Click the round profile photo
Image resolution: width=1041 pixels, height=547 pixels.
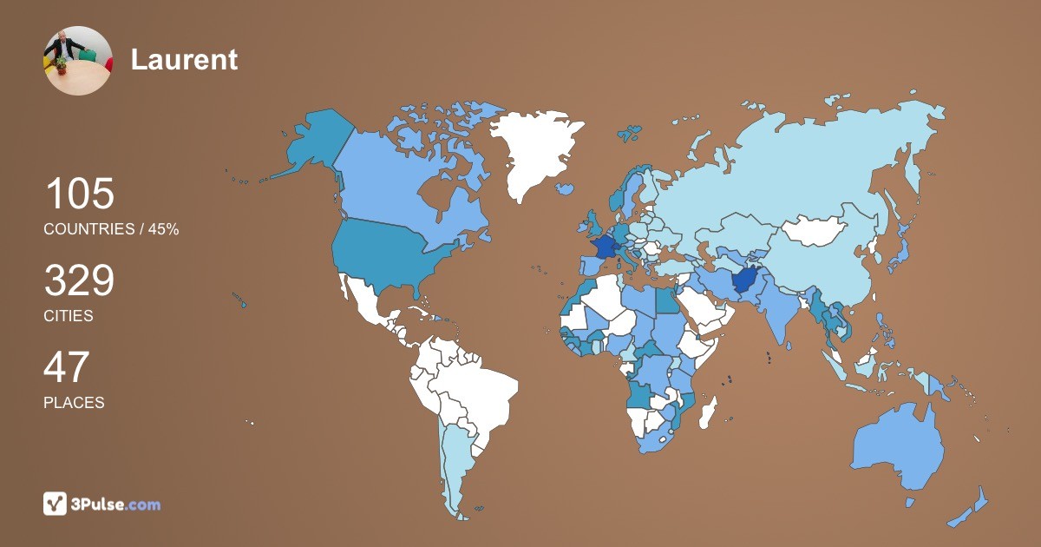click(x=77, y=61)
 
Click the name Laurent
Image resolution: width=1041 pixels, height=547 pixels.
click(x=184, y=60)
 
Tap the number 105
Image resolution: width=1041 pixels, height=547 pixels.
click(x=79, y=194)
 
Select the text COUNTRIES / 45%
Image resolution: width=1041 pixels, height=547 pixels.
click(x=111, y=229)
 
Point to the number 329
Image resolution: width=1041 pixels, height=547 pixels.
click(x=79, y=281)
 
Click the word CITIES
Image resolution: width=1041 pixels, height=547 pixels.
click(x=69, y=316)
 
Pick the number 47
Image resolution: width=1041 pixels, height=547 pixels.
click(x=66, y=367)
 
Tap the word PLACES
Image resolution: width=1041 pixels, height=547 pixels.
click(x=74, y=403)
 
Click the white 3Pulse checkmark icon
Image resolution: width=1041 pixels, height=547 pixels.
click(x=55, y=504)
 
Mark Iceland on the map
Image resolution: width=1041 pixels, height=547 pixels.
click(x=565, y=188)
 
